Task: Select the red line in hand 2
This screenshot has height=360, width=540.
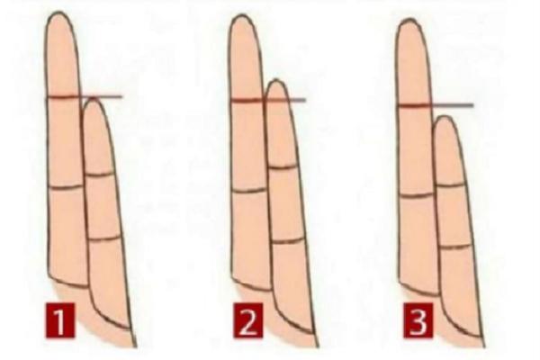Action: [x=266, y=100]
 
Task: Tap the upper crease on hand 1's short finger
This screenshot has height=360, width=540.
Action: [x=101, y=173]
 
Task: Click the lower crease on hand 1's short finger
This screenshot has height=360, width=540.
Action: [x=105, y=238]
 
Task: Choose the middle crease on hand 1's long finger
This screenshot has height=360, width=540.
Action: [x=66, y=186]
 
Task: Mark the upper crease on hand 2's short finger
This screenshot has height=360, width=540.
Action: [x=283, y=166]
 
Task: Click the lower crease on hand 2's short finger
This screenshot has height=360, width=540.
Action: [x=288, y=240]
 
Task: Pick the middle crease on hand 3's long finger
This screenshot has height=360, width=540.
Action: [x=416, y=194]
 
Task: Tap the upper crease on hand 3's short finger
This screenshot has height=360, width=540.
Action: [x=451, y=184]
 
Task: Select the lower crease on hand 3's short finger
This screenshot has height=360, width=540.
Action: [x=455, y=246]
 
